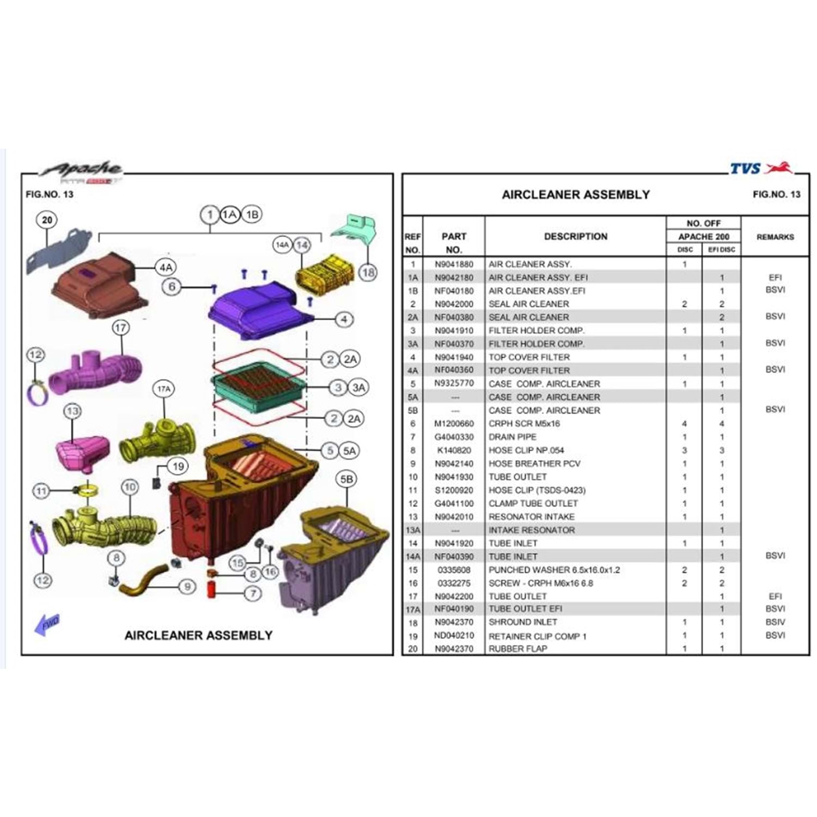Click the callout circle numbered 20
coord(47,220)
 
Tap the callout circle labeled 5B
coord(347,479)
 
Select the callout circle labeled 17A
coord(164,389)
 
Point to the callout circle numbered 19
coord(178,467)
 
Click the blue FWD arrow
coord(47,624)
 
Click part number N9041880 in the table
coord(454,264)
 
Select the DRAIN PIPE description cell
coord(512,437)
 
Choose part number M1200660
coord(454,424)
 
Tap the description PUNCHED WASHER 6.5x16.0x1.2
coord(554,570)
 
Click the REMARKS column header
coord(775,237)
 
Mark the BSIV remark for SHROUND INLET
coord(775,622)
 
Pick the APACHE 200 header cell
coord(703,236)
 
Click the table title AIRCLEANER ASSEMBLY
coord(576,194)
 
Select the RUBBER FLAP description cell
coord(517,649)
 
